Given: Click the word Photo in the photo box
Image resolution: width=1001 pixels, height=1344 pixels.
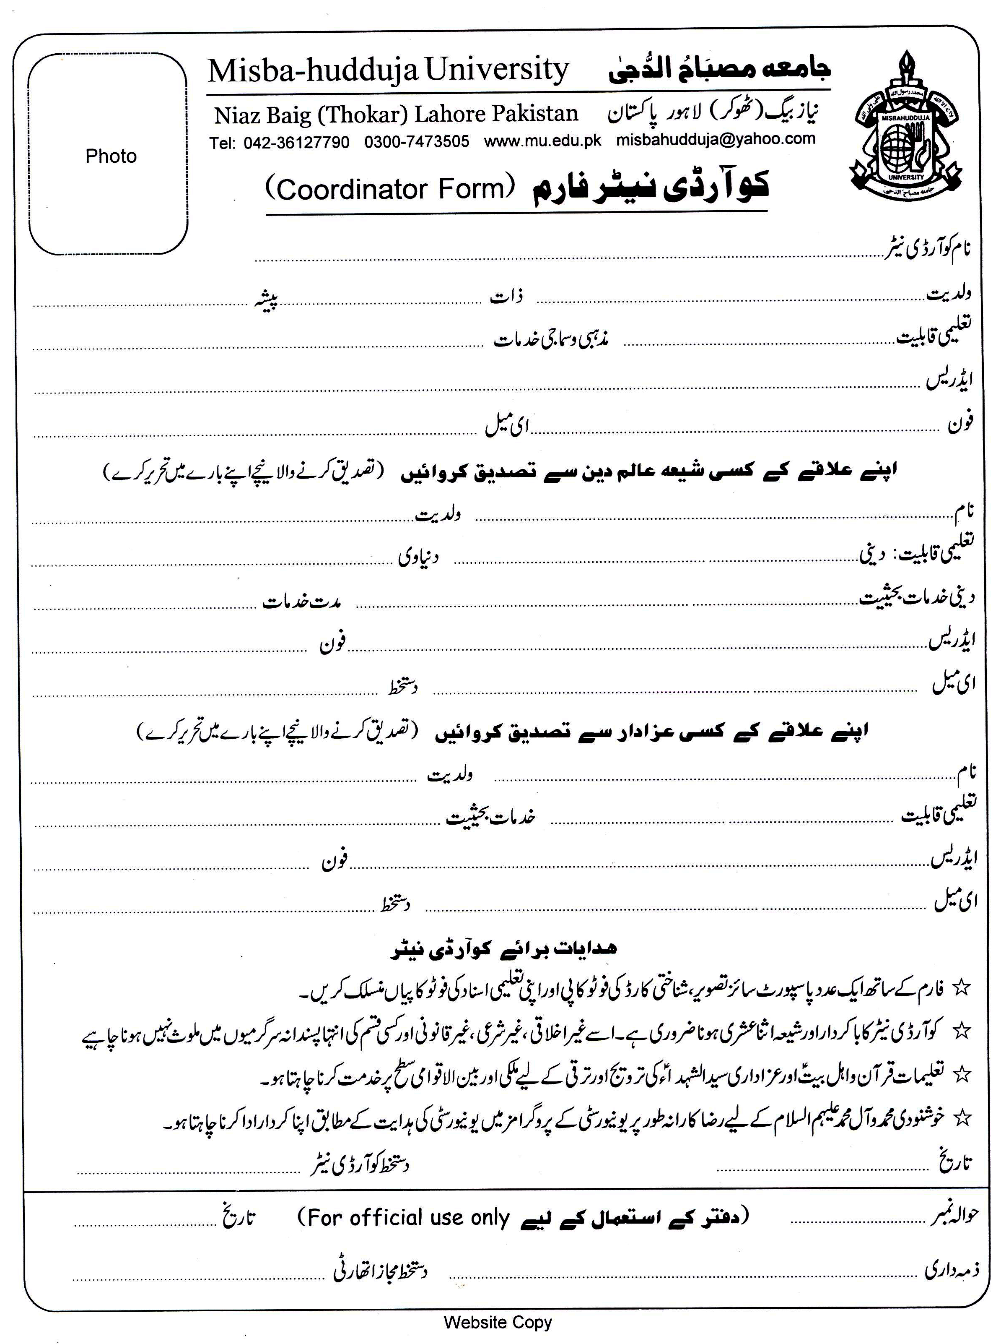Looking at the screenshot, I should point(111,156).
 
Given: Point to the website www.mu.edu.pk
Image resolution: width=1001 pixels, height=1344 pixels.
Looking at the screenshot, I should point(542,141).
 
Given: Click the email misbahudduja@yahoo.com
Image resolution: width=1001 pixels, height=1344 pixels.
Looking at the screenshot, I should point(716,139).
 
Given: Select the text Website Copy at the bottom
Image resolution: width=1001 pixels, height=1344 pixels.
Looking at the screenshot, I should point(498,1322).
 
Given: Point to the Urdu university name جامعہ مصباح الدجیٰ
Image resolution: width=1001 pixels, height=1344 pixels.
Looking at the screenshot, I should point(719,70).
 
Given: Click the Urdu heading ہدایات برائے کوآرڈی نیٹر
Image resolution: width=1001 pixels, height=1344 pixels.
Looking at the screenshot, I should point(503,949).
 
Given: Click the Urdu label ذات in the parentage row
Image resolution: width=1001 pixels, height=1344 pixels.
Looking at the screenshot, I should point(507,297).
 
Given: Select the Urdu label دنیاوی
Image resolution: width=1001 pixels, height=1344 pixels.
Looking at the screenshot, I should point(418,557).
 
